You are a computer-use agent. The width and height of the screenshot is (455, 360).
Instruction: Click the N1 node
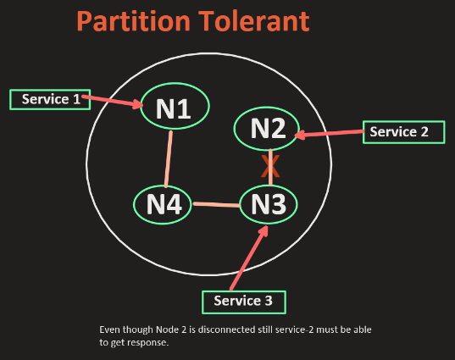coord(175,106)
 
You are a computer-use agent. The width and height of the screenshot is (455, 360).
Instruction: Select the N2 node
coord(267,129)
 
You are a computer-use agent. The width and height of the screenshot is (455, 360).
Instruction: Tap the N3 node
coord(269,204)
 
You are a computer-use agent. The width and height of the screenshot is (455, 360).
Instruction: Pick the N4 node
coord(163,204)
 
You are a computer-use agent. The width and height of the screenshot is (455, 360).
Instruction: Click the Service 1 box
coord(50,99)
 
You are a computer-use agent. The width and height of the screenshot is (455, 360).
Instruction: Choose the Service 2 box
coord(404,132)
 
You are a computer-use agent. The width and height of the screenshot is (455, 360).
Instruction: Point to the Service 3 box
coord(244,302)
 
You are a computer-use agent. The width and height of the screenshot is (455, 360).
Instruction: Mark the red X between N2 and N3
coord(270,166)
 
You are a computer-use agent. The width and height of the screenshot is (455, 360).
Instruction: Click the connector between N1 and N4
coord(169,159)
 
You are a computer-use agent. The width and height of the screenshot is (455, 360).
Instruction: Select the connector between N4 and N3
coord(216,204)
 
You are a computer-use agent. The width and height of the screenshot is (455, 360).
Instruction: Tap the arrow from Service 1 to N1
coord(113,101)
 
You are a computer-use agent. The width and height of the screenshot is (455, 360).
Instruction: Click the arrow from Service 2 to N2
coord(329,134)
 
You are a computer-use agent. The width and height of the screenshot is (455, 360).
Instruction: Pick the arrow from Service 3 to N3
coord(249,258)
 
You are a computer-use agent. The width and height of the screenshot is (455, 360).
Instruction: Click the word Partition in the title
coord(134,21)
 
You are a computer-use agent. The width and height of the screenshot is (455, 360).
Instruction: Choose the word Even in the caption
coord(110,330)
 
